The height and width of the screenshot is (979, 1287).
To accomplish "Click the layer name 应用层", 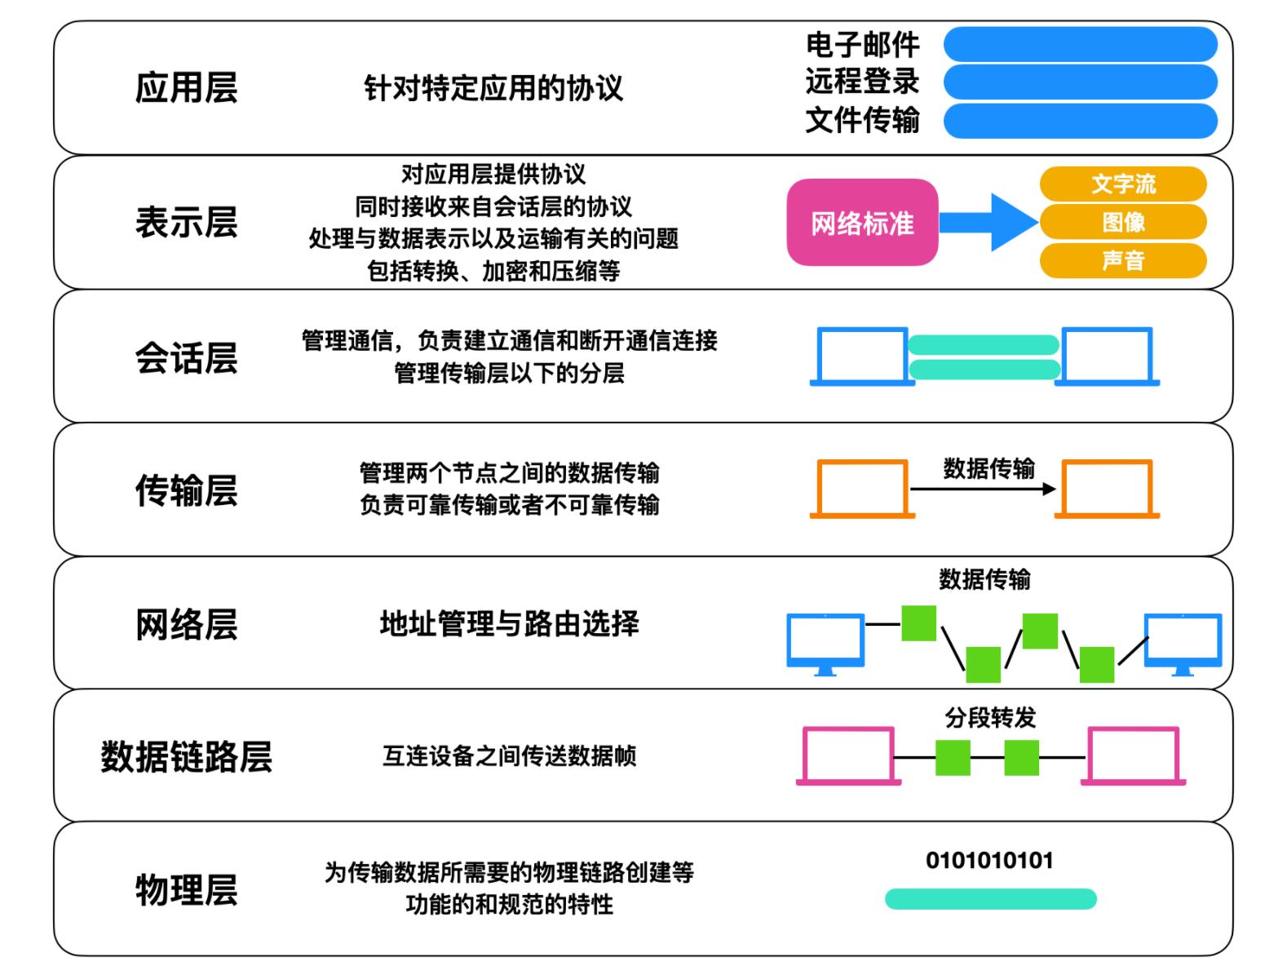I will coord(186,88).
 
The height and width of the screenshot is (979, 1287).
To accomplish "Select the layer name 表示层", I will coord(186,223).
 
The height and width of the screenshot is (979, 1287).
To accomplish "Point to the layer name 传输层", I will coord(186,491).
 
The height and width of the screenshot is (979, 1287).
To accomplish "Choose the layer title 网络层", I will coord(186,625).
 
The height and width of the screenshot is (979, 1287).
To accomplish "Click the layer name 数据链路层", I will coord(186,757).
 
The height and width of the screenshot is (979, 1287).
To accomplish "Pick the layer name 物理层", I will coord(186,890).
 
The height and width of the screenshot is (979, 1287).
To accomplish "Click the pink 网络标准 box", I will coord(862,223).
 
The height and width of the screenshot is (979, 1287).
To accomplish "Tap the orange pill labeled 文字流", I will coord(1123,184).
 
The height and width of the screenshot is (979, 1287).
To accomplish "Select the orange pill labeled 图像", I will coord(1123,222).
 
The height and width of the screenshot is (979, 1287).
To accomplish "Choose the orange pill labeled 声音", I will coord(1123,260).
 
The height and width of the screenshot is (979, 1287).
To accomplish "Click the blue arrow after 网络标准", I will coord(988,222).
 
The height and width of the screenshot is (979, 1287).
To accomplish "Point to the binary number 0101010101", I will coord(989,861).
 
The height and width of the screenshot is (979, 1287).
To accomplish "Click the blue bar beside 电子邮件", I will coord(1080,44).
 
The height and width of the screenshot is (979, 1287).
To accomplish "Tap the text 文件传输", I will coord(862,120).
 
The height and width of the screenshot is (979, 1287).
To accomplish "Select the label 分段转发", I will coord(990,718).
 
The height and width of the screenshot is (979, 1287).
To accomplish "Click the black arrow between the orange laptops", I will coord(982,489).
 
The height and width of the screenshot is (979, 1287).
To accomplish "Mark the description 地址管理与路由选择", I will coord(509,624).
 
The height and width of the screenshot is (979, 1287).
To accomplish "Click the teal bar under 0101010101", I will coord(990,899).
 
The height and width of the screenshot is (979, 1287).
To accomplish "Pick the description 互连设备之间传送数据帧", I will coord(509,756).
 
